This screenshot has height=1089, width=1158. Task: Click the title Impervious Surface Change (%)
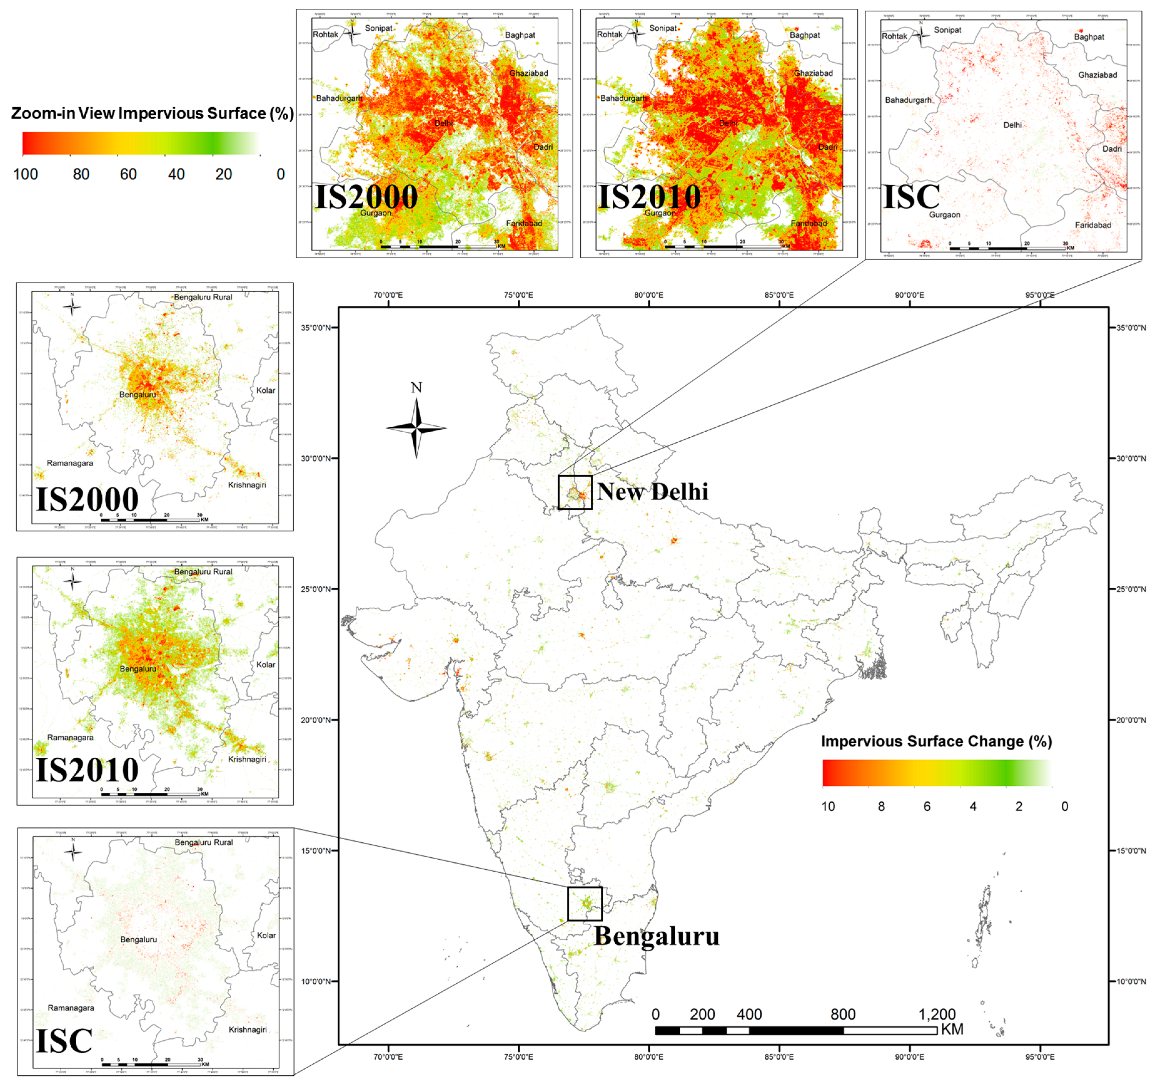[x=936, y=741]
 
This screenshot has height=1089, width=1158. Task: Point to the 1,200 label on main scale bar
[x=937, y=1014]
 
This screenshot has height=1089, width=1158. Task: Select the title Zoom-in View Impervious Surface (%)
[x=152, y=113]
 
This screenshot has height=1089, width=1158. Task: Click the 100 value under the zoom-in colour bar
[x=26, y=174]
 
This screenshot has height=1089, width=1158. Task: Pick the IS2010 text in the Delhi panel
[x=649, y=197]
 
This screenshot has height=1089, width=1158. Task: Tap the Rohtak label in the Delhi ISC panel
[x=894, y=36]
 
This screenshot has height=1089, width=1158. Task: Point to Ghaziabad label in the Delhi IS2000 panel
[x=528, y=73]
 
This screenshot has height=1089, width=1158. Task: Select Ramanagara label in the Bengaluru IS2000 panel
[x=70, y=463]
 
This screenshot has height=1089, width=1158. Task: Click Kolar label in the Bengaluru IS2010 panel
[x=266, y=665]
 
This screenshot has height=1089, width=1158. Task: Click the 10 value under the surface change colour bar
[x=828, y=806]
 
